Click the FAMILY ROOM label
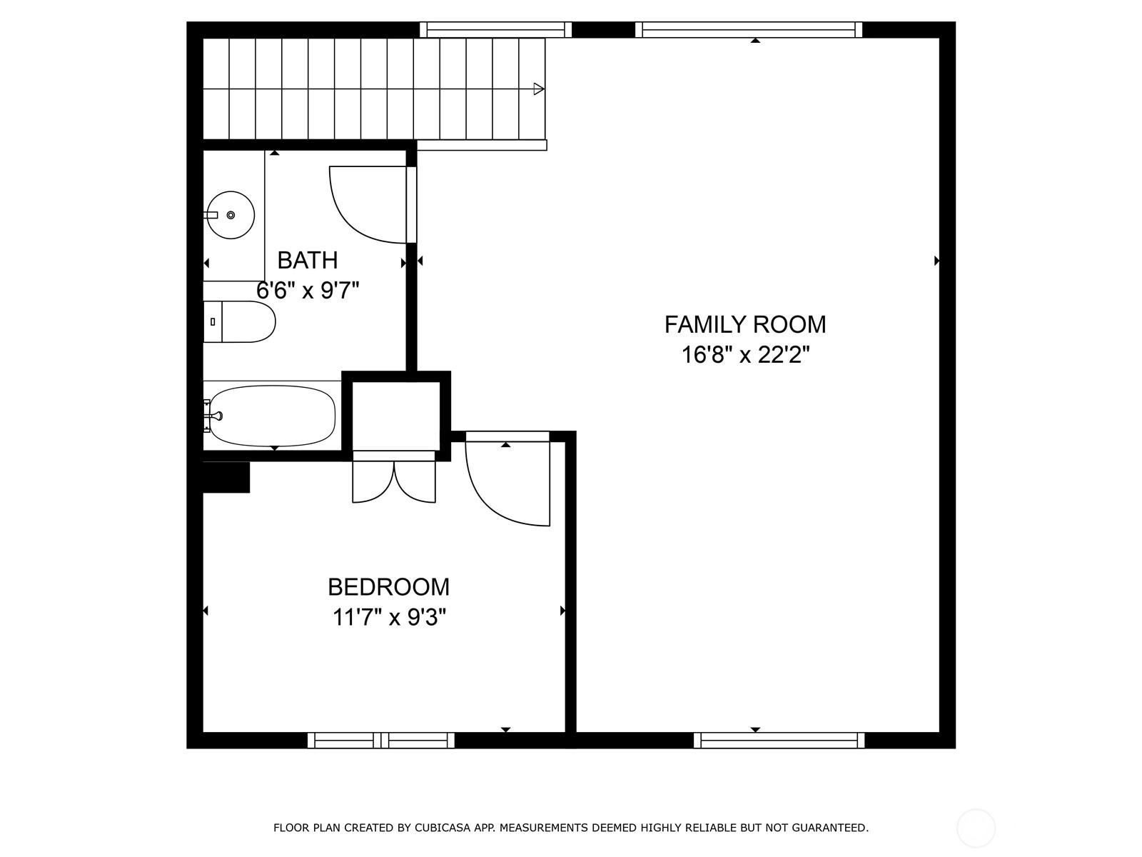click(x=745, y=325)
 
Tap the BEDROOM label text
click(x=389, y=587)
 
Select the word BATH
click(x=308, y=260)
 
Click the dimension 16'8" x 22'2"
click(x=746, y=356)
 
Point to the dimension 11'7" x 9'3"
click(x=390, y=618)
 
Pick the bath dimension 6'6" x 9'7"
click(x=308, y=291)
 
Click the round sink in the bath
click(x=231, y=215)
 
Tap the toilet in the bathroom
click(x=239, y=321)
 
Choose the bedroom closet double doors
click(x=394, y=481)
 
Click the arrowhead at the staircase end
click(x=539, y=89)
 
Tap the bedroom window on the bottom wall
click(x=381, y=740)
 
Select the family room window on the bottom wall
click(x=779, y=740)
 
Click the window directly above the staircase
click(x=496, y=30)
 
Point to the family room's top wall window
click(x=749, y=30)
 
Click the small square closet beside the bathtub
click(x=396, y=416)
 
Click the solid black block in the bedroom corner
click(x=226, y=476)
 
